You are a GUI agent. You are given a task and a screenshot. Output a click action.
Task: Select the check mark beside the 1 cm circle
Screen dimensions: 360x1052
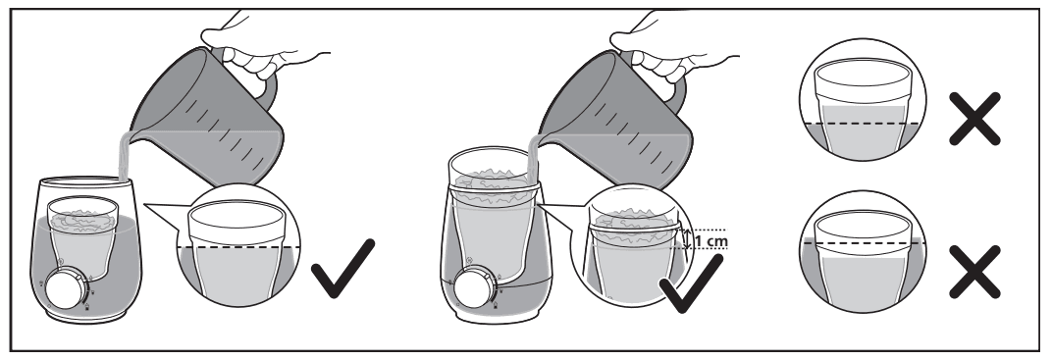pos(691,284)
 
